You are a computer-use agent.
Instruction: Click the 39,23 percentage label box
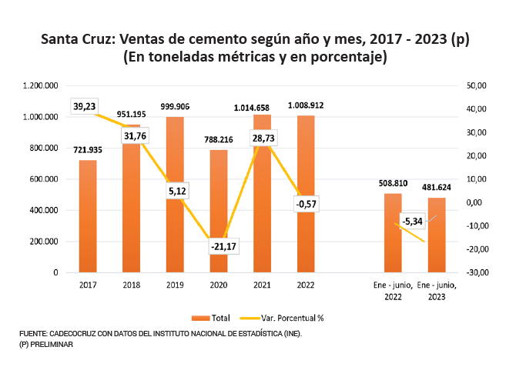(85, 107)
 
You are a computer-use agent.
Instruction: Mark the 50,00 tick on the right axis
(477, 86)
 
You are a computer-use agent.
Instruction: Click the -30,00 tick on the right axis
(477, 272)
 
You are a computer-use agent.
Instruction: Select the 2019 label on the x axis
(175, 285)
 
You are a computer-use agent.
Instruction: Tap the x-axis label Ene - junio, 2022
(393, 290)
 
